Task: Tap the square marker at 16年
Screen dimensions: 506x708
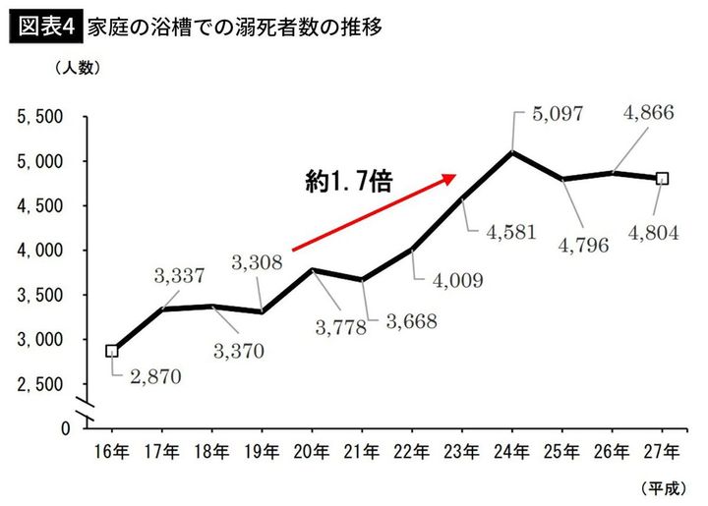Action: coord(112,351)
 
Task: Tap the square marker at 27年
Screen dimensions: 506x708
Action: coord(663,179)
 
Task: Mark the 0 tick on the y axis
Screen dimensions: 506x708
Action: coord(65,428)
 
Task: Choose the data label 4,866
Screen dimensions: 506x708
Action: coord(648,113)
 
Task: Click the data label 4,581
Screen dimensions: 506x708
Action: coord(508,234)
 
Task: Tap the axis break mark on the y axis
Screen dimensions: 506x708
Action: coord(87,405)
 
